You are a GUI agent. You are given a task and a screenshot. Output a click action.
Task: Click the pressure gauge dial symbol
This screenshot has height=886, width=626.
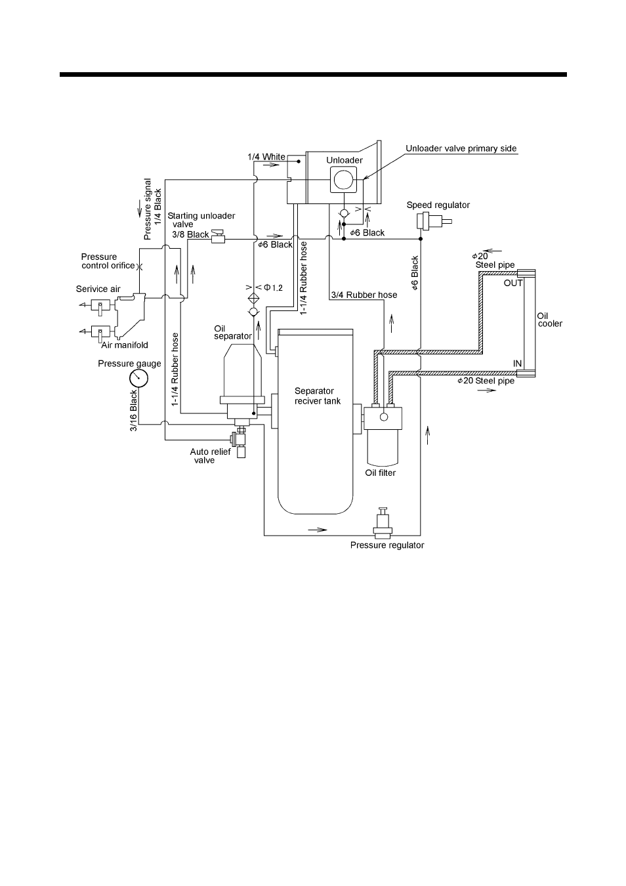click(139, 379)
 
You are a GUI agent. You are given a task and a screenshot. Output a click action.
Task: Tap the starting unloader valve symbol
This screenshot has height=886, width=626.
click(218, 239)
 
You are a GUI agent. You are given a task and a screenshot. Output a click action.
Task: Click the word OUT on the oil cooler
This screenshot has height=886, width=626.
click(512, 284)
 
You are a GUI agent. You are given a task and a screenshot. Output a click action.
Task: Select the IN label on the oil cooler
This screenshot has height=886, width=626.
click(517, 363)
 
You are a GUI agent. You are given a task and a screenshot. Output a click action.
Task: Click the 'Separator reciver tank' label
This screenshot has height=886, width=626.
click(318, 396)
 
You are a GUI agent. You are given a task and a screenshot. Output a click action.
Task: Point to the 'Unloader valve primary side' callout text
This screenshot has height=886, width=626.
click(461, 148)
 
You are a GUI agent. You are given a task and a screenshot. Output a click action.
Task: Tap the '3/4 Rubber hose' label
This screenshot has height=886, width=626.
click(364, 295)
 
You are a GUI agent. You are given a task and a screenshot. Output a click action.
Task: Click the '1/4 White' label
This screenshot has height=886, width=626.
click(266, 157)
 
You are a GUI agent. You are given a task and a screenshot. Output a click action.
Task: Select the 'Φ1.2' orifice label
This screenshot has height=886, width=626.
click(273, 287)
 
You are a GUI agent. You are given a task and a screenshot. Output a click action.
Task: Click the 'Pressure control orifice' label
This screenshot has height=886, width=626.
click(108, 261)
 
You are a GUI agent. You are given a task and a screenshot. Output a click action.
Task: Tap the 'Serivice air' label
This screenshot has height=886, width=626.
click(98, 289)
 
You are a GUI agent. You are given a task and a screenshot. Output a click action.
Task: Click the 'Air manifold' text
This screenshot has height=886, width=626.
click(125, 345)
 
